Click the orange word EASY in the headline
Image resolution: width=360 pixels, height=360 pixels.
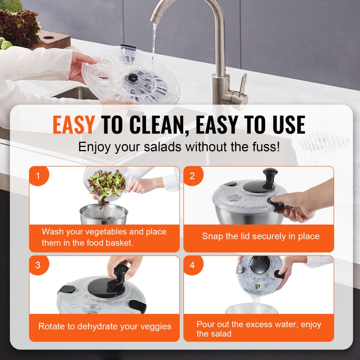(73, 125)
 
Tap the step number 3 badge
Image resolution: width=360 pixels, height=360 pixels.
(38, 265)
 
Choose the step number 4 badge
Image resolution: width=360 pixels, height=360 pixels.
(192, 265)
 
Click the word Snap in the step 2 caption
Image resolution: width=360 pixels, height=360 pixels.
(211, 237)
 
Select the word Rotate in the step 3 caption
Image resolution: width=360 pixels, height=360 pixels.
(50, 327)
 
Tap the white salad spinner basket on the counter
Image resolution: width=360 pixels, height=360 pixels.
(324, 144)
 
